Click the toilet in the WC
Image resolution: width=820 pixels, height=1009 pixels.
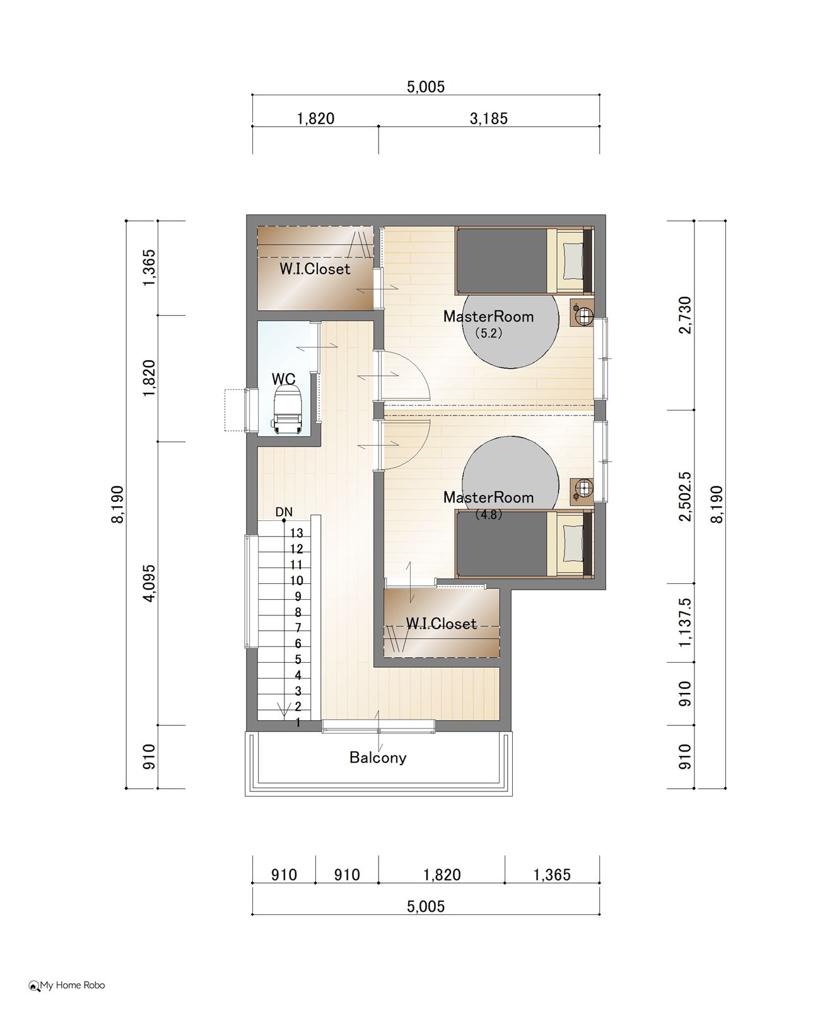point(286,408)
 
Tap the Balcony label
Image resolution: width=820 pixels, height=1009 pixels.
point(378,757)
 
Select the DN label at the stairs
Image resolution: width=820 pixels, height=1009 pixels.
point(284,511)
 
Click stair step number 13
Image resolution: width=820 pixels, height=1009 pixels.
point(296,533)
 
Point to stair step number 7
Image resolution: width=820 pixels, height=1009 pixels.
point(298,627)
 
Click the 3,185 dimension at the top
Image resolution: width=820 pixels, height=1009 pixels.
point(488,119)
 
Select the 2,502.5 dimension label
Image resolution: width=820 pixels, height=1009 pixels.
point(685,496)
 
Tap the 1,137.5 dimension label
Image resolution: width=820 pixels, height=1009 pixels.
point(685,622)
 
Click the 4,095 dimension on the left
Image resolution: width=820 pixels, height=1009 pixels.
point(149,583)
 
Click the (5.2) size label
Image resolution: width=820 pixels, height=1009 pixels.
point(488,333)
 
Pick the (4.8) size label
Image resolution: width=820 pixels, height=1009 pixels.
point(488,514)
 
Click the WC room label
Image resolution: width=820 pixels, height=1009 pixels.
point(283,378)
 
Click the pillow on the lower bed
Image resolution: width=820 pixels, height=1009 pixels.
point(572,544)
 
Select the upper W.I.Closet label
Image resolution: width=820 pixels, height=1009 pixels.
point(315,269)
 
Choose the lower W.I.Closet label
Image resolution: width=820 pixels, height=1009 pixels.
point(441,624)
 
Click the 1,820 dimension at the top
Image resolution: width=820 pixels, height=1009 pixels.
point(315,119)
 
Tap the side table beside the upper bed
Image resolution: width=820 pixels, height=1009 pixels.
point(582,313)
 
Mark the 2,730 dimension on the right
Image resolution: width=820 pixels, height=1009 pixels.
point(685,315)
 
